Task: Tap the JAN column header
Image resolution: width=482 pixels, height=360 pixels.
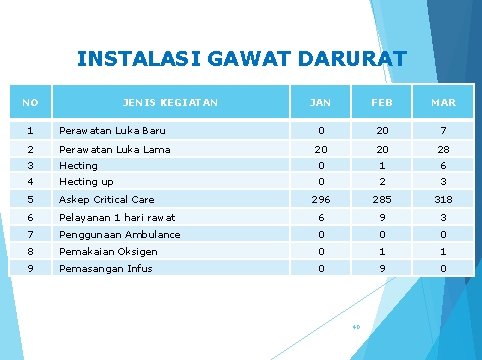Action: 321,102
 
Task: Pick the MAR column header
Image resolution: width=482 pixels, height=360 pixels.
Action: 443,102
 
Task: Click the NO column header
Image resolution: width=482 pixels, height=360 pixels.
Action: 31,102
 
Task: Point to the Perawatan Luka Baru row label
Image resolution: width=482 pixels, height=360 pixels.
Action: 112,131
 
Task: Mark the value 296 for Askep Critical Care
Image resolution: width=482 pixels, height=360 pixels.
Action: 321,199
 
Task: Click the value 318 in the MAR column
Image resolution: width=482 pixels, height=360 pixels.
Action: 443,199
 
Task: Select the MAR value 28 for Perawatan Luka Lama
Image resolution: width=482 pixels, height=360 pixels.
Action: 443,149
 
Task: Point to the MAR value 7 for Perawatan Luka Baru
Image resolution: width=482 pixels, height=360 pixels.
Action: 443,131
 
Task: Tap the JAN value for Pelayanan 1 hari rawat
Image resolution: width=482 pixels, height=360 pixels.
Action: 321,217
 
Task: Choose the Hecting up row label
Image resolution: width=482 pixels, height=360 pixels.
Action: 86,182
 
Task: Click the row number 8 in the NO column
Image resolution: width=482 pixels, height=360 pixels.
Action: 31,251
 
